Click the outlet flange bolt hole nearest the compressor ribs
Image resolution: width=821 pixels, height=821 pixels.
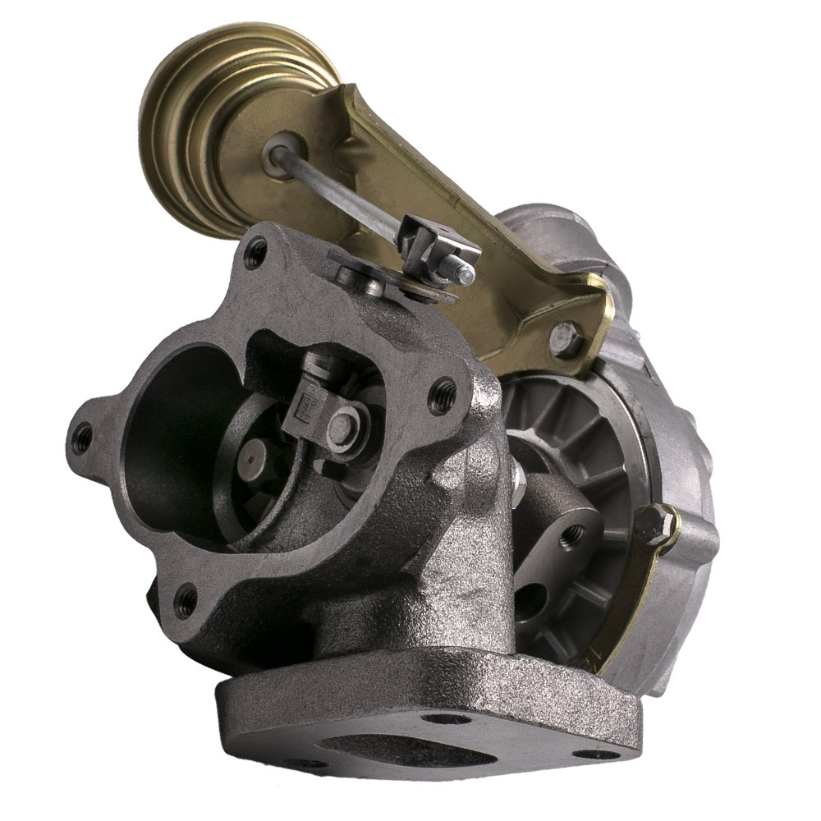click(444, 392)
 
